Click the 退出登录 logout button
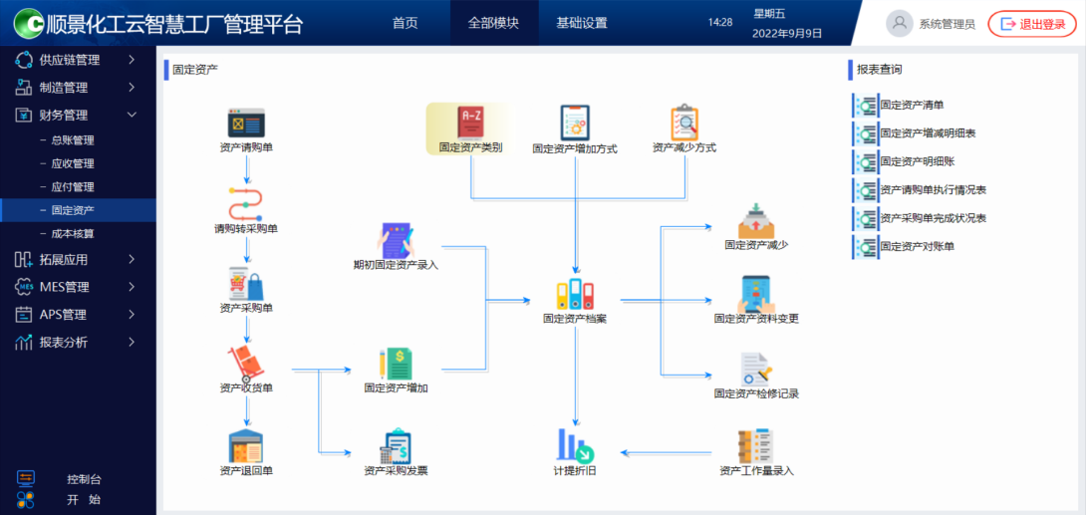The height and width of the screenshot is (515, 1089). (1032, 24)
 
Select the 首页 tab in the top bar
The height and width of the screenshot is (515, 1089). (406, 23)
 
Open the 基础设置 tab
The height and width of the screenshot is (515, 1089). (582, 23)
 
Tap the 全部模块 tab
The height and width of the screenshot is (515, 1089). (493, 23)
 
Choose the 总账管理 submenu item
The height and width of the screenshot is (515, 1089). (73, 140)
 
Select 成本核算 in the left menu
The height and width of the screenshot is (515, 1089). (73, 234)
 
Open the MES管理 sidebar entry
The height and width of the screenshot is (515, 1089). (65, 287)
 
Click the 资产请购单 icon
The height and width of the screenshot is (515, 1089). (246, 124)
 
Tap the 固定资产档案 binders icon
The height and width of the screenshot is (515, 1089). (575, 296)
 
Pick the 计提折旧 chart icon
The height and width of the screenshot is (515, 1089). (575, 445)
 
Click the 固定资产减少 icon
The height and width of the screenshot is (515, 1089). (756, 221)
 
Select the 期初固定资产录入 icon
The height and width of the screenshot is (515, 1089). (396, 241)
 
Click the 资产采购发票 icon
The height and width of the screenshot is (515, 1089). (396, 445)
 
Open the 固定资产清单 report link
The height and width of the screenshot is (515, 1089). (912, 105)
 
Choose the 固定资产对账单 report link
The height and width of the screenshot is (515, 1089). (917, 246)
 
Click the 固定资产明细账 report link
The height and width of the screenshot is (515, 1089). (917, 161)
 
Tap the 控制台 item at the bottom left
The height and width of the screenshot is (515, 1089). (84, 479)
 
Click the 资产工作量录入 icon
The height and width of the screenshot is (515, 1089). (756, 446)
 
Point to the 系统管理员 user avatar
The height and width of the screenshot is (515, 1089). (900, 23)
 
